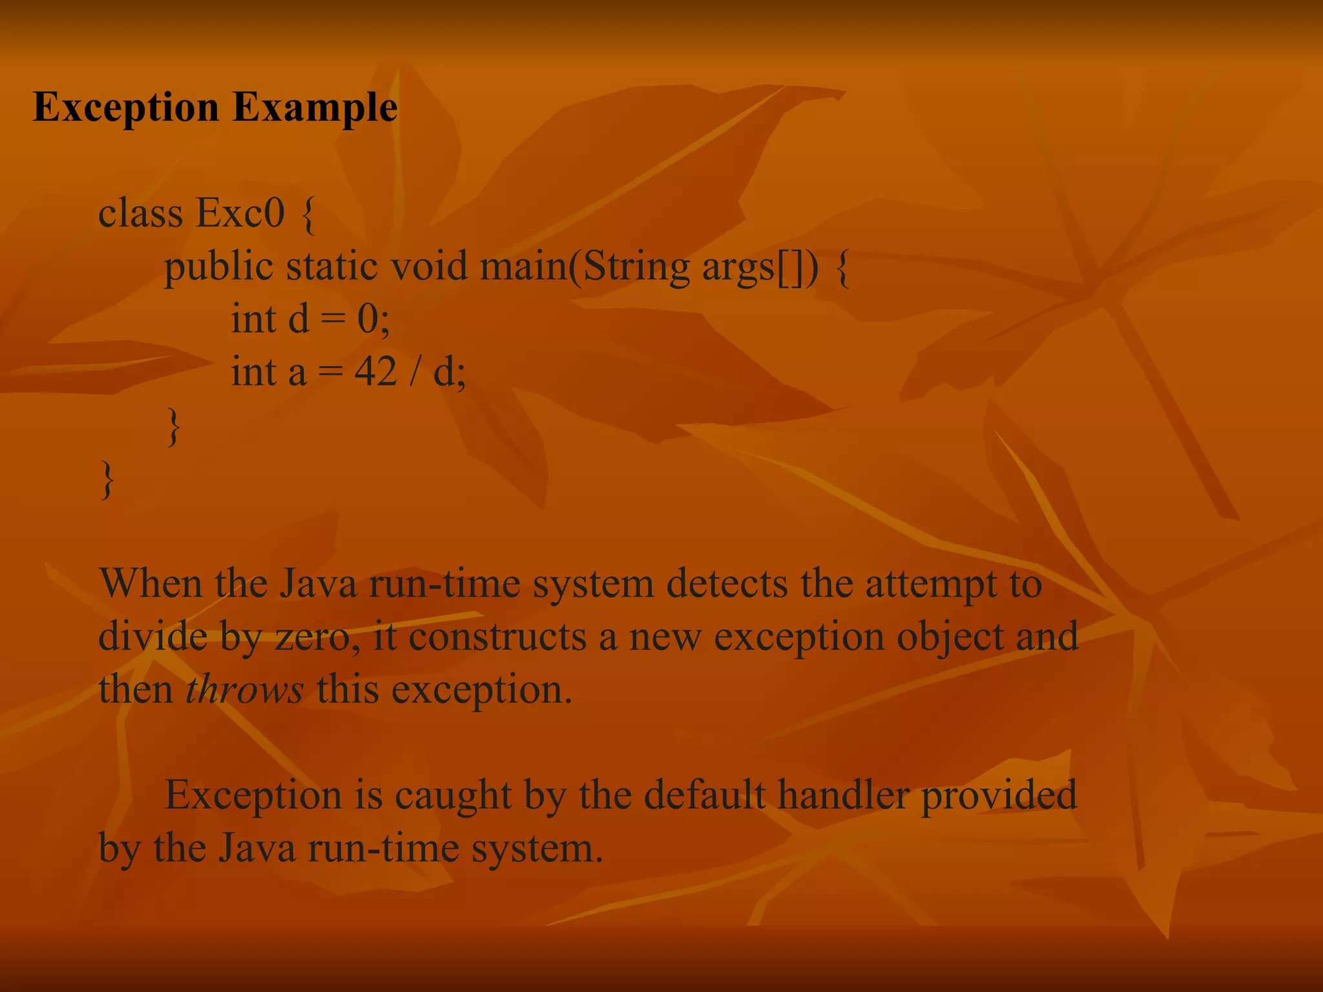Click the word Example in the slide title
click(315, 107)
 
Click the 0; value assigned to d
click(373, 319)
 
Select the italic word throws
click(244, 690)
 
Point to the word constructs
click(497, 637)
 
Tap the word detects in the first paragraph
click(726, 584)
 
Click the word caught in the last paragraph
click(453, 796)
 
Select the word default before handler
click(704, 794)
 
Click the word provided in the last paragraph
click(999, 796)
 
